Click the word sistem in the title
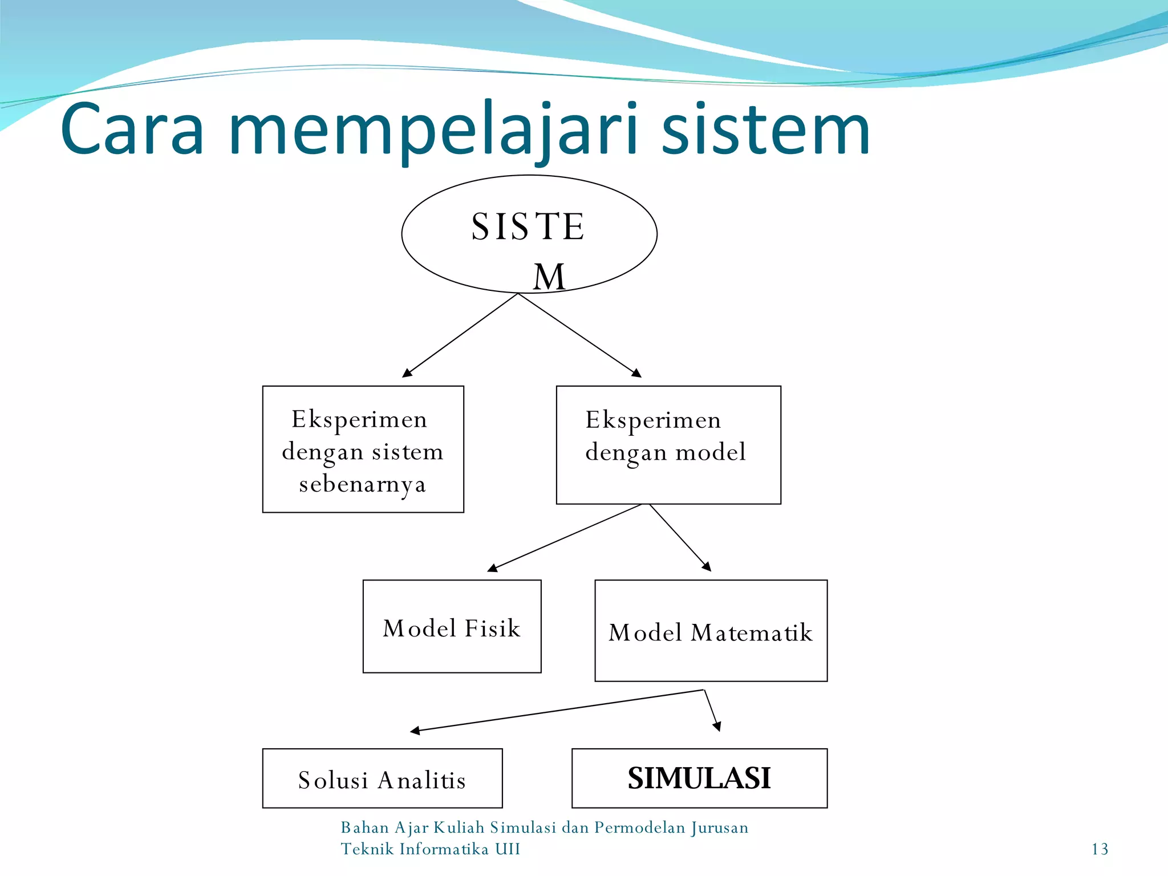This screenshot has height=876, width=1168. [x=765, y=130]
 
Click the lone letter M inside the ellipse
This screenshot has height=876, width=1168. [x=549, y=277]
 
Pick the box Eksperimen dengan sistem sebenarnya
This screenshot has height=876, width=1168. [x=363, y=449]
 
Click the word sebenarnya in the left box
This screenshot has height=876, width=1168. [x=363, y=485]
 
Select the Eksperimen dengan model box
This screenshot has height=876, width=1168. [x=668, y=445]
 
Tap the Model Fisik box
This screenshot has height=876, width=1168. [x=452, y=626]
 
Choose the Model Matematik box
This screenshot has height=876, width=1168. [x=711, y=631]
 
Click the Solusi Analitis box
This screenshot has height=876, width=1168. [x=382, y=778]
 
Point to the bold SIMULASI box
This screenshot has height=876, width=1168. [x=699, y=778]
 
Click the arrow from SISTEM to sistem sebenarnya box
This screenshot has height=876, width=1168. [x=460, y=336]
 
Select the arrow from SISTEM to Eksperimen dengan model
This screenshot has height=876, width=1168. [x=579, y=336]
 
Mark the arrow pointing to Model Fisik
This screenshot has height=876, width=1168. [x=565, y=537]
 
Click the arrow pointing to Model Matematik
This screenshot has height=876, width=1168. [x=680, y=537]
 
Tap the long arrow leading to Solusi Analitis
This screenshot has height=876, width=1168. [x=556, y=711]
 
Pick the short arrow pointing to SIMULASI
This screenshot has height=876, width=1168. [x=712, y=711]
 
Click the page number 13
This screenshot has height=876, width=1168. [x=1100, y=849]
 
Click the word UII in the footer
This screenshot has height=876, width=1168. [x=507, y=849]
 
